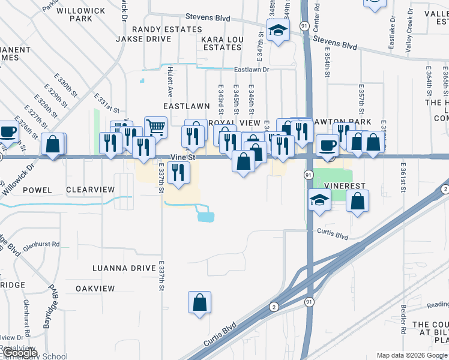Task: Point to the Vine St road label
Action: pyautogui.click(x=184, y=157)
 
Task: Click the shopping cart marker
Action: pyautogui.click(x=155, y=127)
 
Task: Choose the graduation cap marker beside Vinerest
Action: pyautogui.click(x=319, y=201)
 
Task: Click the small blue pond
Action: pyautogui.click(x=206, y=217)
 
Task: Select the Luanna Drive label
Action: pyautogui.click(x=124, y=268)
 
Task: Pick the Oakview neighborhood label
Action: pyautogui.click(x=95, y=289)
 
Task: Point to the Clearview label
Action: pyautogui.click(x=90, y=190)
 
